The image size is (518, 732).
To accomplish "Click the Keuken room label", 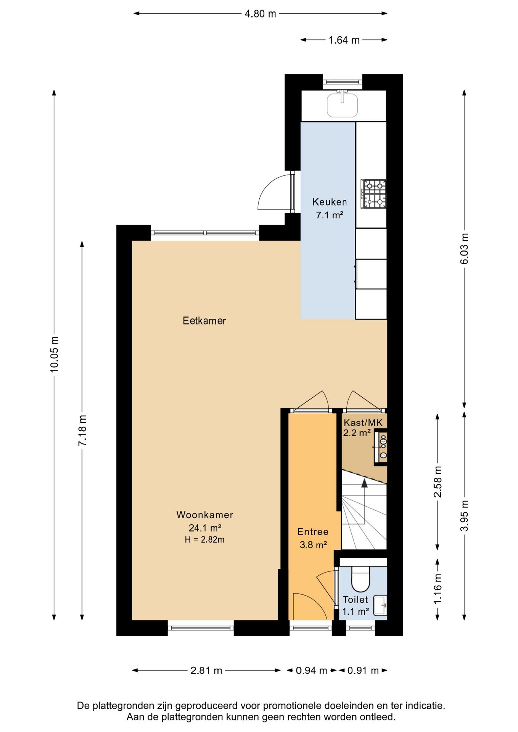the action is [330, 202].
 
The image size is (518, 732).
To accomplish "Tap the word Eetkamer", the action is [204, 321].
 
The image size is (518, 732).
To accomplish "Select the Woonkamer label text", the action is [205, 515].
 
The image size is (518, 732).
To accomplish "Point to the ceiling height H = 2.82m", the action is [205, 539].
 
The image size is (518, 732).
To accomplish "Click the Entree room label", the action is [313, 531].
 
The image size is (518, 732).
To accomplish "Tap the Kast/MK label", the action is [363, 422].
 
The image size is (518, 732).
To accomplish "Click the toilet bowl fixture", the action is [360, 578].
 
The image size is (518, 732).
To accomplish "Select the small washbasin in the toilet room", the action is [380, 605].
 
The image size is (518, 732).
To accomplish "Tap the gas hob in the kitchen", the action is [374, 194].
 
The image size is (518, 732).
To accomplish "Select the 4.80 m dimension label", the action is [260, 14].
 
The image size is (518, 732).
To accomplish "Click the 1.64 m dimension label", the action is [344, 40].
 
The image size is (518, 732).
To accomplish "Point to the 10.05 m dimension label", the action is [54, 354].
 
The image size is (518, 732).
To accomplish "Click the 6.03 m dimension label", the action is [464, 249].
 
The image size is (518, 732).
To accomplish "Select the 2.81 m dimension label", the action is [206, 670].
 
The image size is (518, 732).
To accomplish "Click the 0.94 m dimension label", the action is [311, 670].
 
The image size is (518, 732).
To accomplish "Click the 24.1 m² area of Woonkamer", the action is [205, 528].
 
